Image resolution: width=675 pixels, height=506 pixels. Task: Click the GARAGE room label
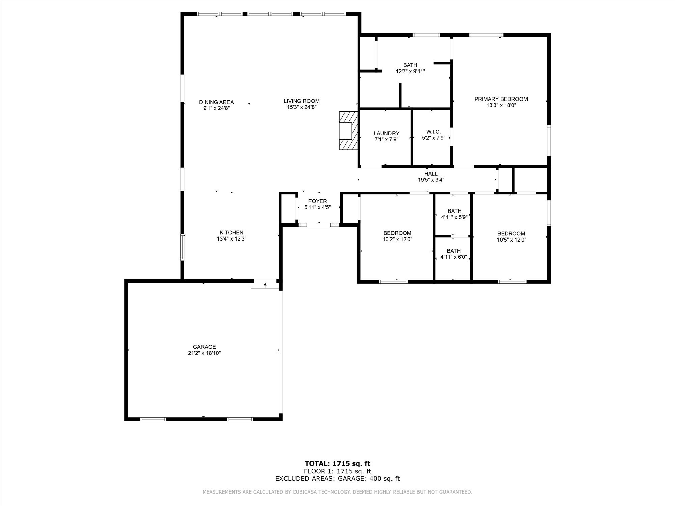pos(204,347)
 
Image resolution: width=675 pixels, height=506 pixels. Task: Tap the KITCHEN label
pos(232,232)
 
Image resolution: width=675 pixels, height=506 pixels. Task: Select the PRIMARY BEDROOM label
pos(501,99)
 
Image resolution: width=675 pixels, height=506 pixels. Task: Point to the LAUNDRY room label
pos(386,133)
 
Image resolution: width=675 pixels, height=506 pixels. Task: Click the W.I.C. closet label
pos(433,132)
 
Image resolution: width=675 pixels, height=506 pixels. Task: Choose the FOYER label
pos(318,201)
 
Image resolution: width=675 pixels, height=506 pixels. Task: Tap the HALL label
pos(431,174)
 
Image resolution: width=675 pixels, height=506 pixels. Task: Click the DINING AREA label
pos(216,102)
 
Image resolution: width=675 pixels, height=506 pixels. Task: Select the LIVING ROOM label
pos(301,101)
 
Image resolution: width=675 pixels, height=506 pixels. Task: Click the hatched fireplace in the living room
pos(348,131)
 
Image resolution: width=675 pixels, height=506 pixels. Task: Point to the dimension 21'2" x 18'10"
pos(204,353)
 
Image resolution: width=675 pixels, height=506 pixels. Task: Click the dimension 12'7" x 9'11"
pos(410,71)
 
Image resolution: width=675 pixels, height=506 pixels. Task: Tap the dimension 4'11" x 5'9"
pos(454,217)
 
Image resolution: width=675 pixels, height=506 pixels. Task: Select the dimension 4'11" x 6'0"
pos(454,257)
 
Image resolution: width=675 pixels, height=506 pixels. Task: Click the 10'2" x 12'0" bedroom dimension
pos(398,240)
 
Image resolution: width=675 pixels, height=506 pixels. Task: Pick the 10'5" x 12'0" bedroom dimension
pos(511,240)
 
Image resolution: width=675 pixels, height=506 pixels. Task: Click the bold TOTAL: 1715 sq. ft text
pos(337,463)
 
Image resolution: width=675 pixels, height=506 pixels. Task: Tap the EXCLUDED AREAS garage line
pos(337,478)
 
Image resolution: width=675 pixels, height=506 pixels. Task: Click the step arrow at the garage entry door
pos(265,285)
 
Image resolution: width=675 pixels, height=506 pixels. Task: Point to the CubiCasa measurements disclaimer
pos(337,492)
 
